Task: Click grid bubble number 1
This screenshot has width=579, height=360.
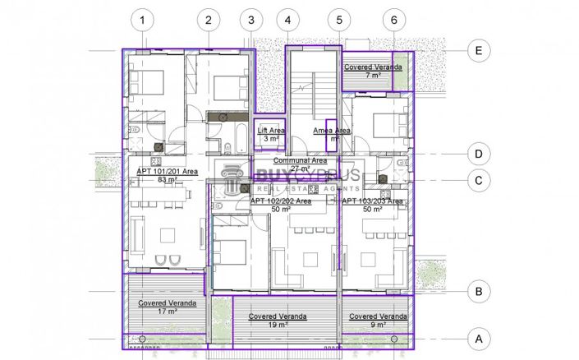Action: pyautogui.click(x=144, y=20)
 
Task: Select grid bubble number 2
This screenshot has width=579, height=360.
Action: pyautogui.click(x=209, y=20)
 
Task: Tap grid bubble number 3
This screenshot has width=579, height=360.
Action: pyautogui.click(x=250, y=20)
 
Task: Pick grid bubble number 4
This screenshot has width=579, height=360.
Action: pyautogui.click(x=287, y=20)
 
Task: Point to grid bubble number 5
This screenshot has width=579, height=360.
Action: pyautogui.click(x=337, y=20)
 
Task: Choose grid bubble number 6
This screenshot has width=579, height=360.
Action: pyautogui.click(x=394, y=20)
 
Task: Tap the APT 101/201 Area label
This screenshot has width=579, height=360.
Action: pyautogui.click(x=167, y=174)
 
